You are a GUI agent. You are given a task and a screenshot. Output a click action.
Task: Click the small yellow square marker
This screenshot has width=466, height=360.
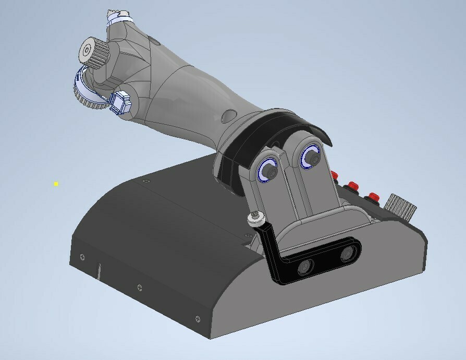pyautogui.click(x=56, y=184)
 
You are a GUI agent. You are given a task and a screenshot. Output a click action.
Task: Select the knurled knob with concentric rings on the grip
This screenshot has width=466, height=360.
pyautogui.click(x=88, y=51)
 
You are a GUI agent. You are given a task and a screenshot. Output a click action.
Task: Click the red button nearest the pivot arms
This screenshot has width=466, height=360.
pyautogui.click(x=335, y=175)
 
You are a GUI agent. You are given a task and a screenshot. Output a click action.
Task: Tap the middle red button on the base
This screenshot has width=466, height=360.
pyautogui.click(x=353, y=185)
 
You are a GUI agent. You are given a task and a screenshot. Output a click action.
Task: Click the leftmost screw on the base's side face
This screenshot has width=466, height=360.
pyautogui.click(x=82, y=257)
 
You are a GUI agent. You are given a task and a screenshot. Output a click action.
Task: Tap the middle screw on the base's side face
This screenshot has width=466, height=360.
pyautogui.click(x=139, y=287)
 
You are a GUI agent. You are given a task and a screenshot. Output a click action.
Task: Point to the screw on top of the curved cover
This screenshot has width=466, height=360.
pyautogui.click(x=145, y=181)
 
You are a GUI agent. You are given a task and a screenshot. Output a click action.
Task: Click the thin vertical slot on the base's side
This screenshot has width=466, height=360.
pyautogui.click(x=98, y=271)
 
